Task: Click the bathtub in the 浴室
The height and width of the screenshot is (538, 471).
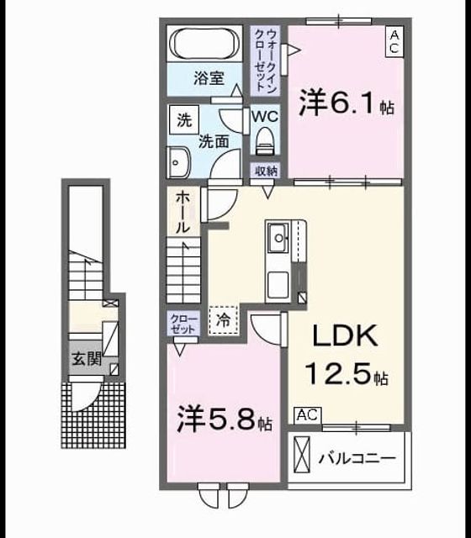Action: tap(204, 43)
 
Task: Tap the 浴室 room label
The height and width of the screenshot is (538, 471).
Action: tap(209, 78)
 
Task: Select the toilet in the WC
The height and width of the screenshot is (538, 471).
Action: tap(265, 141)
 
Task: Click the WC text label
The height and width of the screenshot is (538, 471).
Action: tap(265, 117)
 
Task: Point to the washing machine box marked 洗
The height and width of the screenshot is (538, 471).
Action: tap(184, 119)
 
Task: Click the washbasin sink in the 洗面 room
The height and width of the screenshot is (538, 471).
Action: tap(178, 162)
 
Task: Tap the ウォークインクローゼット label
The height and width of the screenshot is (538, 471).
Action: tap(267, 61)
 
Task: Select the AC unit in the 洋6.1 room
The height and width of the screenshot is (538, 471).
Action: tap(394, 42)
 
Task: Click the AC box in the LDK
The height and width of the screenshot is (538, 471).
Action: tap(308, 415)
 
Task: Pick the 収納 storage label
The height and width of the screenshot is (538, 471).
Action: tap(266, 171)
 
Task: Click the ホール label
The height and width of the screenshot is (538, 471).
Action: tap(183, 213)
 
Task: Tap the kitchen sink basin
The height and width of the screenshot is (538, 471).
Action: tap(278, 238)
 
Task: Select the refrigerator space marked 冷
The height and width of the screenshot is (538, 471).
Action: tap(224, 320)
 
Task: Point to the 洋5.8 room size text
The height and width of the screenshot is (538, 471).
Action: tap(225, 419)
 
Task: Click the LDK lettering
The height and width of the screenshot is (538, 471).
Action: tap(345, 336)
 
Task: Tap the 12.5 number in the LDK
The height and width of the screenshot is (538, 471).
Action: tap(338, 373)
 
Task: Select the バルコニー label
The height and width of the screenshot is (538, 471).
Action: tap(357, 458)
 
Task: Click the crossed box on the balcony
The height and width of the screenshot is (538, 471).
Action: tap(302, 455)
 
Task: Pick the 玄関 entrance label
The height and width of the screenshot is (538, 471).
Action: tap(87, 359)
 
